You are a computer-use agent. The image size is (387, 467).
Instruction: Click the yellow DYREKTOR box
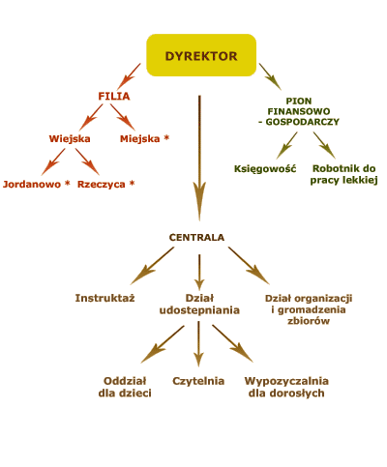pos(201,55)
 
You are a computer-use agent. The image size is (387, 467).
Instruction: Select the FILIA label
pos(114,96)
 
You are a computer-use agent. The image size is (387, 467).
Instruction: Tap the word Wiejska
pos(70,138)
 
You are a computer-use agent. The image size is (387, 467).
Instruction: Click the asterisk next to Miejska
pos(166,137)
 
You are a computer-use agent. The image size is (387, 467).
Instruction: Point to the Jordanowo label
pos(32,184)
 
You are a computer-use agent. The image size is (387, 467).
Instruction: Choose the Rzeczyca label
pos(102,184)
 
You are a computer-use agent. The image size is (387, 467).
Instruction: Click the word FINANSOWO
pos(299,111)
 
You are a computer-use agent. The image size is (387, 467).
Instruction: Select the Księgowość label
pos(265,168)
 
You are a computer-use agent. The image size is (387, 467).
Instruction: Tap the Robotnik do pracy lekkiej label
pos(343,174)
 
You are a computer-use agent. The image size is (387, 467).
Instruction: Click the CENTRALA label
pos(196,237)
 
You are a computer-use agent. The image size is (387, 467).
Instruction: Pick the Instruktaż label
pos(104,298)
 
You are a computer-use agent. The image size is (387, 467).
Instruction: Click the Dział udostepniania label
pos(199,304)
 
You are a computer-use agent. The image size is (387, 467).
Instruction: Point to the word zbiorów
pos(309,321)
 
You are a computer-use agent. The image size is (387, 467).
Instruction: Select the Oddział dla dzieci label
pos(125,387)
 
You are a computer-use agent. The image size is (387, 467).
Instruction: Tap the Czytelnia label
pos(198,381)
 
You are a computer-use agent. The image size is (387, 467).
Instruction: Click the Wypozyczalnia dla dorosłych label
pos(286,387)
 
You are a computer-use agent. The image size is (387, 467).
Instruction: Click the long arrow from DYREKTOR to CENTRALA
pos(199,158)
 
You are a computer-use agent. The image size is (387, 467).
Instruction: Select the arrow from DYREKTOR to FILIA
pos(129,76)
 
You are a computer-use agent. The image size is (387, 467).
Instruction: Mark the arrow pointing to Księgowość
pos(287,145)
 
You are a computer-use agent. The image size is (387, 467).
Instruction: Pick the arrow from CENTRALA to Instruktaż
pos(152,266)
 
